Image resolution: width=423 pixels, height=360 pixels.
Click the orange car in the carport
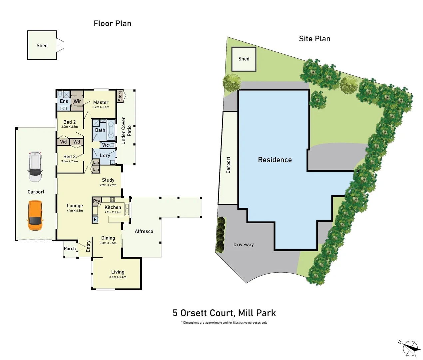(x=35, y=215)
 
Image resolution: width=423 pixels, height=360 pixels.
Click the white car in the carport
(x=35, y=167)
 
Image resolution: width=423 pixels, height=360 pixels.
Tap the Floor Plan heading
(x=113, y=23)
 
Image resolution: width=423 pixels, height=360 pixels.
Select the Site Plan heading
(x=314, y=39)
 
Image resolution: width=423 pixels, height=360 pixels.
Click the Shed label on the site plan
(x=244, y=59)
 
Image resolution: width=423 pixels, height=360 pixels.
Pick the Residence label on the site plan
(x=275, y=160)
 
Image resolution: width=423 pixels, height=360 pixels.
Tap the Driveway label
(x=243, y=245)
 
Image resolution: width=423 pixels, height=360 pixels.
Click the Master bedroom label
(x=101, y=102)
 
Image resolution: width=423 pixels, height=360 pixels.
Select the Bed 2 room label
(x=69, y=122)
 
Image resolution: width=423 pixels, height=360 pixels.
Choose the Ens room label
(x=64, y=101)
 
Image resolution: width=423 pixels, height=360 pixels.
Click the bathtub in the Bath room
(x=111, y=130)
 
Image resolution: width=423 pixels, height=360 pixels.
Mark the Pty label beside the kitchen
(x=97, y=201)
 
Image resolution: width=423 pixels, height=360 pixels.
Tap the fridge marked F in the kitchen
(x=95, y=219)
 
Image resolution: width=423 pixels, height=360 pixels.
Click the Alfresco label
(x=144, y=231)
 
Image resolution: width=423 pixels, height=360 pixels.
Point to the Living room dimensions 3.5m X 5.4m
(x=118, y=277)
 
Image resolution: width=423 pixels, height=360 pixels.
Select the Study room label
(x=108, y=180)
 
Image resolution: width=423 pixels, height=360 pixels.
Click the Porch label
(x=70, y=249)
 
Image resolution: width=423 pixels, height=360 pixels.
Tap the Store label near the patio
(x=120, y=96)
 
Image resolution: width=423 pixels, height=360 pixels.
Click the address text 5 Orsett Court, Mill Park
(x=224, y=313)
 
